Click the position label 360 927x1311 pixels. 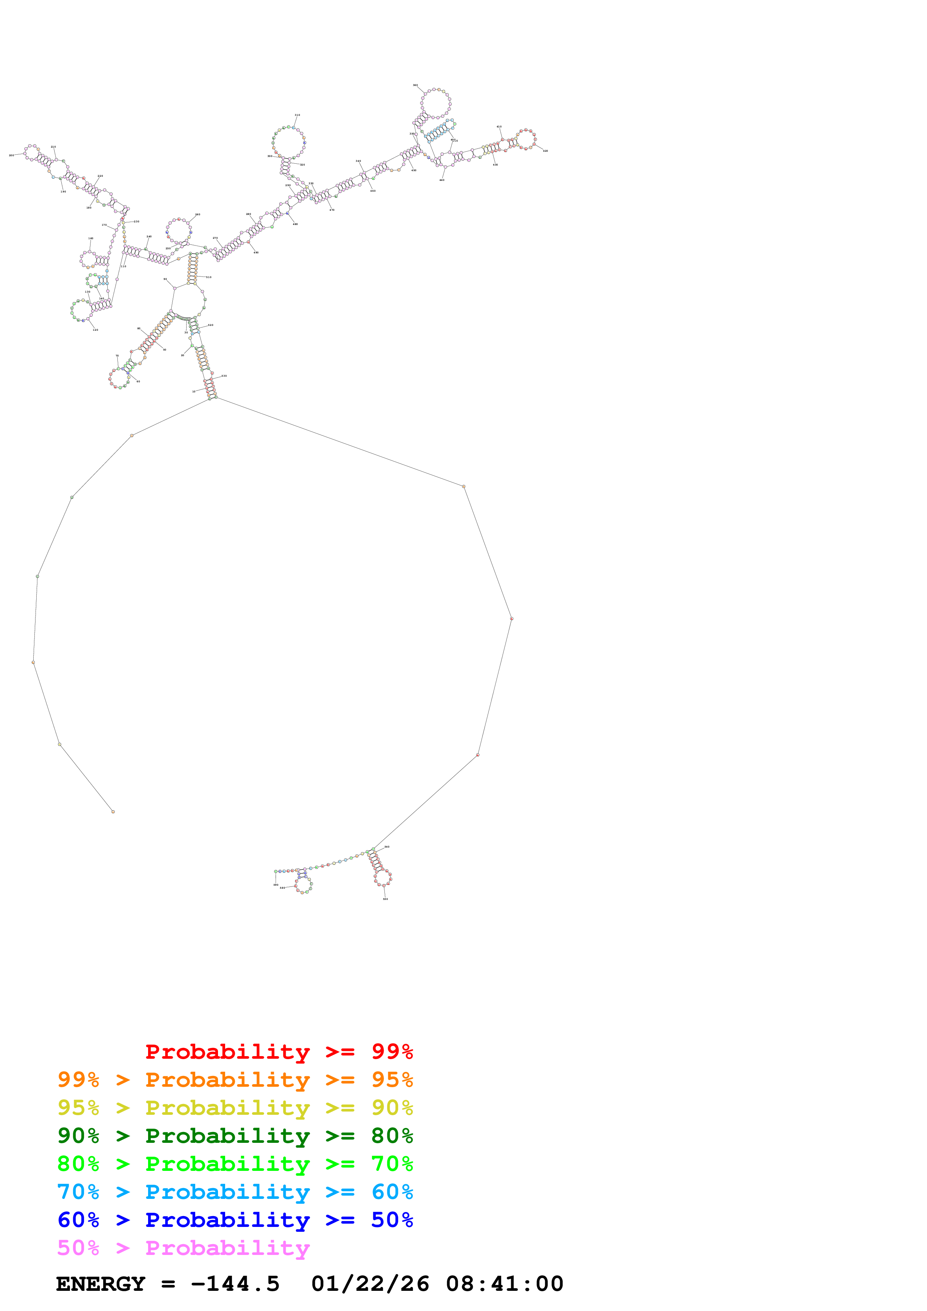(415, 85)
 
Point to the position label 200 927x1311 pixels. (12, 155)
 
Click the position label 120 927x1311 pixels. (95, 330)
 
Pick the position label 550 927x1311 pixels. (386, 899)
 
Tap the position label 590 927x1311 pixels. (276, 885)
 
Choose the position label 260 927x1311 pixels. (197, 215)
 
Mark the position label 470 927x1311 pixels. (332, 210)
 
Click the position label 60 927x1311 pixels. (138, 382)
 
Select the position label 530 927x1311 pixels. (224, 376)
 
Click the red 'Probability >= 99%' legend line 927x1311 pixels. (279, 1052)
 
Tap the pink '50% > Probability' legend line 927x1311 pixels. (183, 1248)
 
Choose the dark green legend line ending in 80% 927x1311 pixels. (235, 1136)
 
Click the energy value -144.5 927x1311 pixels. (235, 1284)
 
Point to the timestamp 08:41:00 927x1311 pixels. (504, 1284)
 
